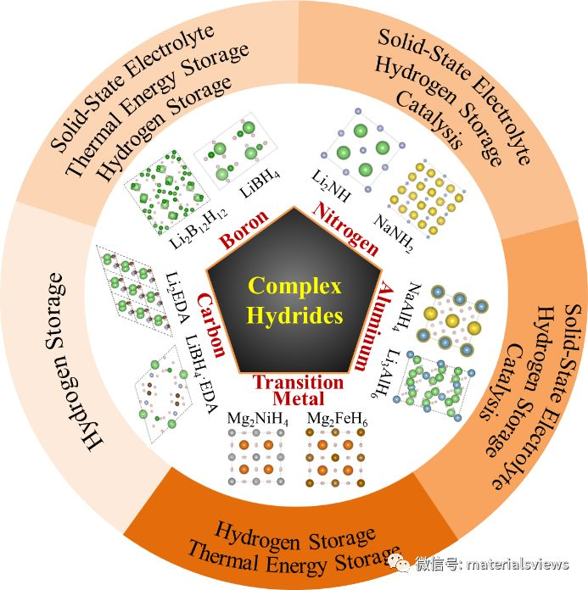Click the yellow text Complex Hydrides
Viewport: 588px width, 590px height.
[x=294, y=301]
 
